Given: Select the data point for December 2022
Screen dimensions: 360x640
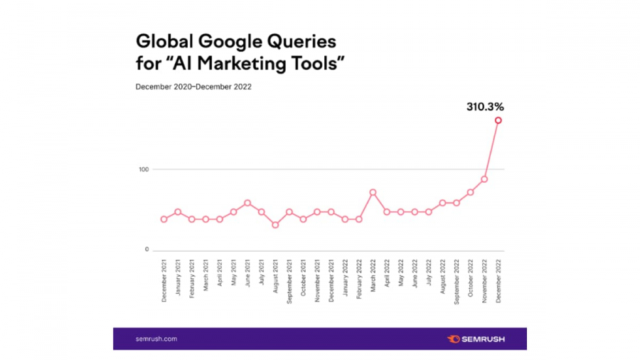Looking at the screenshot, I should pos(498,120).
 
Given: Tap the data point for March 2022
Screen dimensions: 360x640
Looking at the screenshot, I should pos(373,192).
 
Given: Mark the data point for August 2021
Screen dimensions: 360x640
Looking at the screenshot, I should pos(275,225).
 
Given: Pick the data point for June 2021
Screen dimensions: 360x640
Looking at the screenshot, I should pos(247,203).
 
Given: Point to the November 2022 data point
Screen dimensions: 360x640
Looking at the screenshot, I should pos(484,179).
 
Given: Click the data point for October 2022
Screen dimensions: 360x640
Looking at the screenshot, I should pos(470,192).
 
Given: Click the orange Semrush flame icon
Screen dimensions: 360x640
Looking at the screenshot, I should pos(453,339).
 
